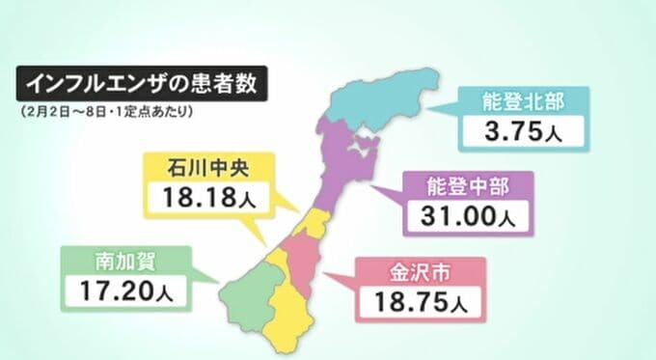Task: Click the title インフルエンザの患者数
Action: click(x=141, y=83)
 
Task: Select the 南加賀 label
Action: click(x=125, y=258)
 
